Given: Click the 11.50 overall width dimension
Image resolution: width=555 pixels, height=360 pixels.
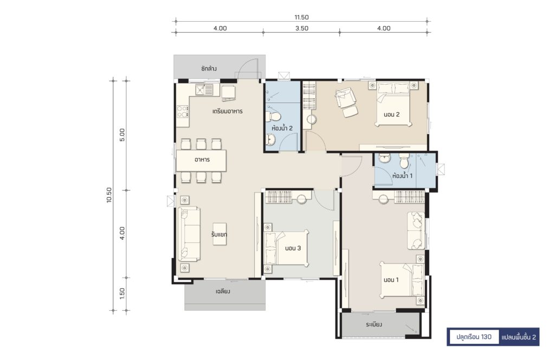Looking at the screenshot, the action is (301, 17).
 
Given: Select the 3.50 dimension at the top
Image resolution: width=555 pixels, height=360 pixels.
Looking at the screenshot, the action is (301, 28).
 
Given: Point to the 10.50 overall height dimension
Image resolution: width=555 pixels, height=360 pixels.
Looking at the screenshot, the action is (109, 195).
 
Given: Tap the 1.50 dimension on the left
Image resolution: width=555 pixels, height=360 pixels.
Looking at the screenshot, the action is (122, 293).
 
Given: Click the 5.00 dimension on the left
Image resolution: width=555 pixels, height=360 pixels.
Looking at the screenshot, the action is (122, 135).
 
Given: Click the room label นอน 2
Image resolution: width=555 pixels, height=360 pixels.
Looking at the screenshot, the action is (391, 114).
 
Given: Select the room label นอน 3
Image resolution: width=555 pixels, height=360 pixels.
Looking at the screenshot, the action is (293, 248).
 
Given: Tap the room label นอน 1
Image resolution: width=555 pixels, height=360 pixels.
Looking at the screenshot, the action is (391, 280).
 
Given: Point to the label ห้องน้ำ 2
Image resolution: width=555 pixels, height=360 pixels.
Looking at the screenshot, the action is (282, 128).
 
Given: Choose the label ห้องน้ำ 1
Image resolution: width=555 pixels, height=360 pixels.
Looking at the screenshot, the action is (402, 175).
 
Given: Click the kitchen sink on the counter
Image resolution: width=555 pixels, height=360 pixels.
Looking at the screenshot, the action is (204, 90).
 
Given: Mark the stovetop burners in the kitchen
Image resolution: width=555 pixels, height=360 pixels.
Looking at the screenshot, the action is (183, 112).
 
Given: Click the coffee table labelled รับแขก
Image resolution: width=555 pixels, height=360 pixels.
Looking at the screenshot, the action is (220, 234).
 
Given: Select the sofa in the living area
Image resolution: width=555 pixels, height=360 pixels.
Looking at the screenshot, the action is (189, 234).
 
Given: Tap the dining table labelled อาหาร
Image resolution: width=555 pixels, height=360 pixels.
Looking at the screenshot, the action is (202, 160).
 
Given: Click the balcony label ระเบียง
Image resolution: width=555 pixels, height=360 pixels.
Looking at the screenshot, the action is (374, 324).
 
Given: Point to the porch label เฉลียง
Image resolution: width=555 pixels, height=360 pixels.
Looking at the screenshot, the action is (223, 291).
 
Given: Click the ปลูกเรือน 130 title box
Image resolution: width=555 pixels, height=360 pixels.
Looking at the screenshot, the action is (474, 337).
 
